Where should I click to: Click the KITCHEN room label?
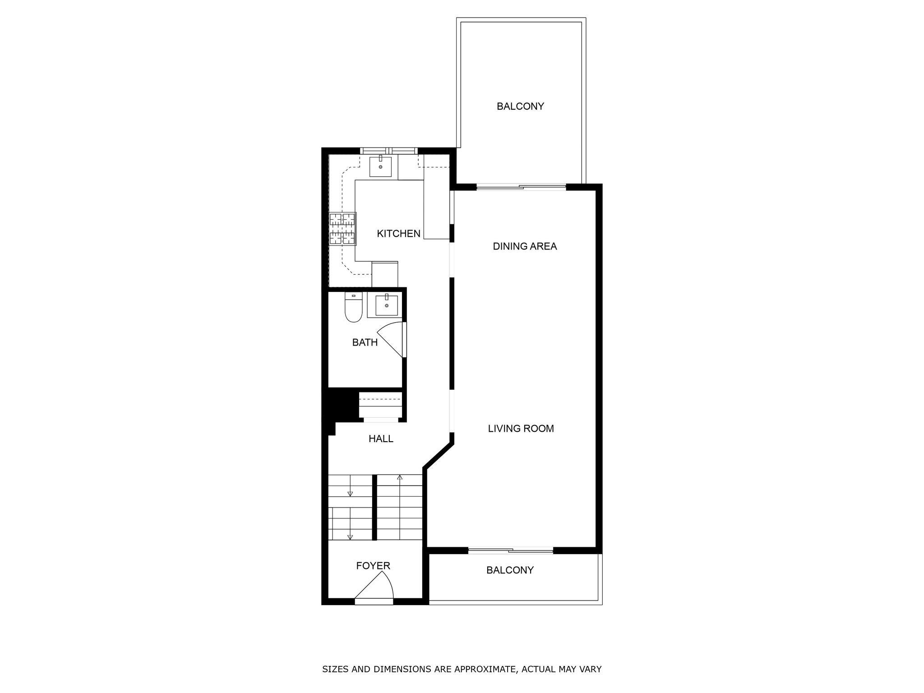coord(398,234)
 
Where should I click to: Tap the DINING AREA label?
coord(525,246)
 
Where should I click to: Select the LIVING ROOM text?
coord(521,429)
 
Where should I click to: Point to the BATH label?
coord(365,342)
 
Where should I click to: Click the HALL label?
coord(381,439)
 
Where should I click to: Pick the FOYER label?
coord(373,566)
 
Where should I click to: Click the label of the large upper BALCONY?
coord(520,106)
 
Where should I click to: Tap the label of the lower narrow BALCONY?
coord(510,570)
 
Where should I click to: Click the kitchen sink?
coord(380,166)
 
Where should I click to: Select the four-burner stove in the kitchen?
coord(342,229)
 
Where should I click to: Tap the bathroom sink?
coord(387,305)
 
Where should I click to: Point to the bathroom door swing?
coord(391,338)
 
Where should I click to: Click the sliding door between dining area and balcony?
coord(521,187)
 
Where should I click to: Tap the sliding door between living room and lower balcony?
coord(510,550)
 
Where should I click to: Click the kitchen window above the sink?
coord(389,150)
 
